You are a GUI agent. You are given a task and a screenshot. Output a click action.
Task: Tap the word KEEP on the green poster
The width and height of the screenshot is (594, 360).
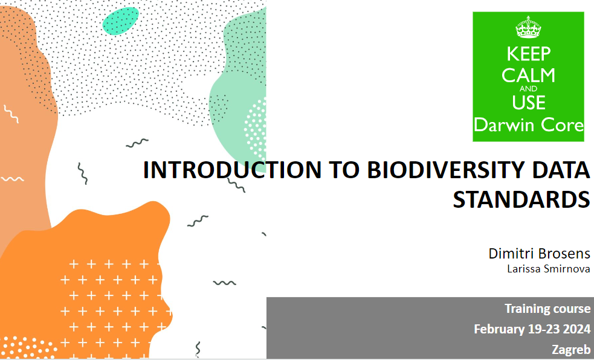[x=529, y=54]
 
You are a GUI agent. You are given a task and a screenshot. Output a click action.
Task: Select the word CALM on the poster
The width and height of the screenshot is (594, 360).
[x=529, y=76]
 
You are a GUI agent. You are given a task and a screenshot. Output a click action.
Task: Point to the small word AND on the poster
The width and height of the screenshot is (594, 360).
[x=529, y=89]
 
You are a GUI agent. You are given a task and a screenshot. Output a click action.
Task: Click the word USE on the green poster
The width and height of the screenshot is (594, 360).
[x=529, y=103]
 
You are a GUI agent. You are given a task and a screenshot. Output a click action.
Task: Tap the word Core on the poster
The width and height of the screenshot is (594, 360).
[x=563, y=125]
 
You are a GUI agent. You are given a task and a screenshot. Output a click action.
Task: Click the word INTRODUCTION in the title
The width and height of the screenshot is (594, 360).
[x=232, y=170]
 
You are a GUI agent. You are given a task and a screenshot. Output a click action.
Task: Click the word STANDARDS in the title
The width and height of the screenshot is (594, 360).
[x=521, y=199]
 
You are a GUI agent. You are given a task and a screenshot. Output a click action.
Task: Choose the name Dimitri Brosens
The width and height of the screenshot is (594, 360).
[x=540, y=253]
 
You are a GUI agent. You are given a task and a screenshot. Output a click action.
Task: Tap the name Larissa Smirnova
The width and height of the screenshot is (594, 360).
[x=549, y=269]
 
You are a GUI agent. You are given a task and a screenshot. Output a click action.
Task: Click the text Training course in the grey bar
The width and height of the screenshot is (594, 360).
[x=547, y=309]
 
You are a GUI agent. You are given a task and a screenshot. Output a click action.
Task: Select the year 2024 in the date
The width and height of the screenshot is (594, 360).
[x=576, y=329]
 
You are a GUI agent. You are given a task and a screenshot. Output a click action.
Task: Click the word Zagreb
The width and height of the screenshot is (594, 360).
[x=571, y=349]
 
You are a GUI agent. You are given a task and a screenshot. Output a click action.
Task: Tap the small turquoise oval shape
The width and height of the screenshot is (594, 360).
[x=120, y=21]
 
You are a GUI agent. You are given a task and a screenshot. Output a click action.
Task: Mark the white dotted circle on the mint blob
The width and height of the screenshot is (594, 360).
[x=256, y=129]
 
